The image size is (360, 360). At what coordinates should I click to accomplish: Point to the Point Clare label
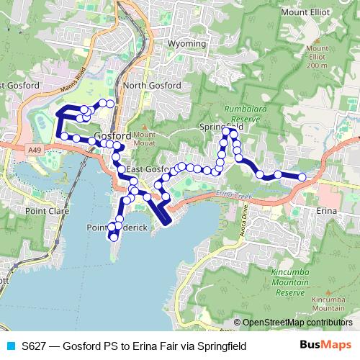click(x=45, y=212)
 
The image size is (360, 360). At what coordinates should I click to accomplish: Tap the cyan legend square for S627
click(x=9, y=346)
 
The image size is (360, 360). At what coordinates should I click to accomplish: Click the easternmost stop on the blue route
click(x=302, y=177)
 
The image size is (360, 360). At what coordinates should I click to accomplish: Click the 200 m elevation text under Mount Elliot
click(x=317, y=66)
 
